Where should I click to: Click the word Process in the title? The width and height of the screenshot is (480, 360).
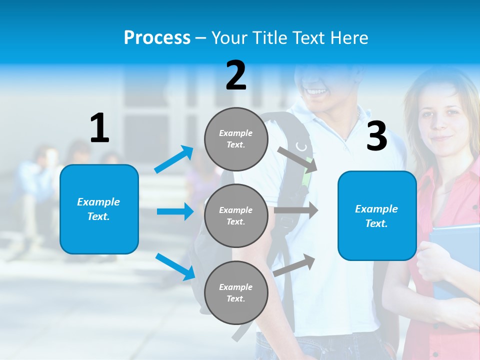[x=157, y=37]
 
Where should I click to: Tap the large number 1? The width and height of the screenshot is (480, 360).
[x=99, y=128]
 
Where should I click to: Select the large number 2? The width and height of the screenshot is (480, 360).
[x=236, y=75]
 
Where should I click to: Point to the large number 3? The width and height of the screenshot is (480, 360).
[x=376, y=136]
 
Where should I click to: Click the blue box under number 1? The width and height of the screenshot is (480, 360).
[x=99, y=209]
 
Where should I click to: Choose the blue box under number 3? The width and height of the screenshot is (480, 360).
[x=377, y=215]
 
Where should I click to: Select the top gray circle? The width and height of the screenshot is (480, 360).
[x=236, y=139]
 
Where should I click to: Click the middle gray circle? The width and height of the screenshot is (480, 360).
[x=236, y=215]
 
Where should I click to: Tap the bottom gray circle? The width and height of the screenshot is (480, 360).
[x=236, y=292]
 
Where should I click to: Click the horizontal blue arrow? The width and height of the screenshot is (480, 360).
[x=175, y=211]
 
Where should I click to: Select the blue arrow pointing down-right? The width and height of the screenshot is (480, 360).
[x=175, y=266]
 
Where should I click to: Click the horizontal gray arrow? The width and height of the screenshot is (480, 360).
[x=296, y=210]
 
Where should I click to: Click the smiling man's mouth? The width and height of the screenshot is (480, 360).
[x=316, y=92]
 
